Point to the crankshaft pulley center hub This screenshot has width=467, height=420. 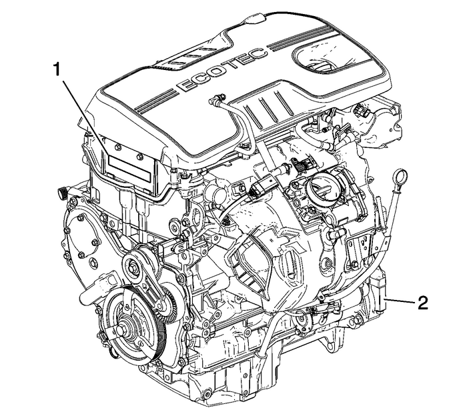125,329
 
